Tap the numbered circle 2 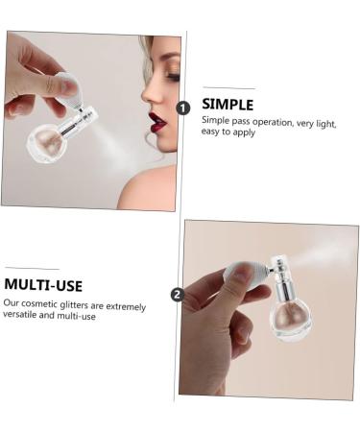[177, 294]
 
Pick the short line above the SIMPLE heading [228, 88]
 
